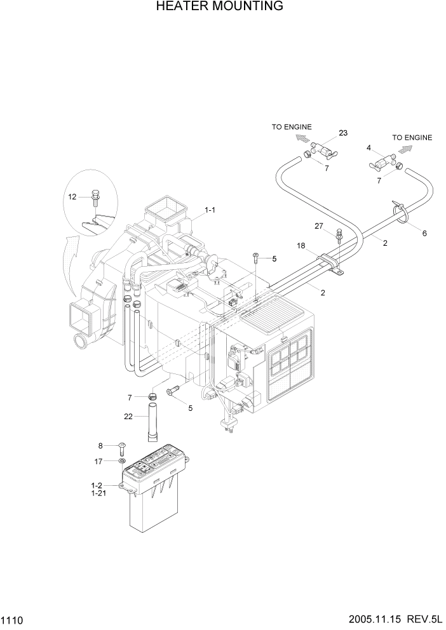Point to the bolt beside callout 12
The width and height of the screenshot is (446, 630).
pos(94,196)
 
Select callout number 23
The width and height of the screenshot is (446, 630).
pos(343,133)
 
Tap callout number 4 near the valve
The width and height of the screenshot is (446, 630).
pos(368,149)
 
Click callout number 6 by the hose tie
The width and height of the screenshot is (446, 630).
pos(424,233)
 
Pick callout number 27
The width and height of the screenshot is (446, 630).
pos(320,226)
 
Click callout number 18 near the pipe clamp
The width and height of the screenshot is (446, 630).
pos(302,245)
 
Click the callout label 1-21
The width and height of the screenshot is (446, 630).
pos(98,493)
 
